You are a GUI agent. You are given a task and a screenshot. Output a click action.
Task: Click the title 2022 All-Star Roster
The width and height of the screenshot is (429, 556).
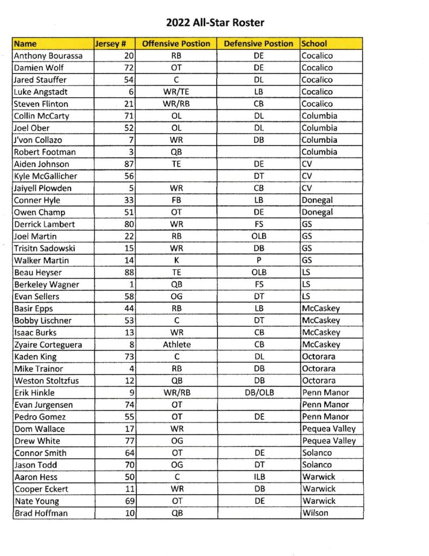(216, 23)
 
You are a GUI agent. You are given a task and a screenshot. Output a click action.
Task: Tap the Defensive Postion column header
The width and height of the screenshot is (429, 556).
(258, 44)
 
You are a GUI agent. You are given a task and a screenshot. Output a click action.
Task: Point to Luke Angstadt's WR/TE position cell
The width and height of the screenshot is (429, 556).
(176, 92)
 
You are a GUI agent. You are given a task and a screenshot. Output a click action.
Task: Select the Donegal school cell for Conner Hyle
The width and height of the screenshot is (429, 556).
(318, 200)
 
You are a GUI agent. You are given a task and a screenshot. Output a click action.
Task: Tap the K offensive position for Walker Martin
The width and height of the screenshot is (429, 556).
(176, 260)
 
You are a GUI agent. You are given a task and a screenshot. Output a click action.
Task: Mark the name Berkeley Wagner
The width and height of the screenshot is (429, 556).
(47, 285)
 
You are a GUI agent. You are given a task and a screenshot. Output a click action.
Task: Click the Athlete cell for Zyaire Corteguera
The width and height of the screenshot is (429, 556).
(176, 344)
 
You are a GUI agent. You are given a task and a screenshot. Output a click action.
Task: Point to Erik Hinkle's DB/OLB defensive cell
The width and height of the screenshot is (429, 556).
(258, 393)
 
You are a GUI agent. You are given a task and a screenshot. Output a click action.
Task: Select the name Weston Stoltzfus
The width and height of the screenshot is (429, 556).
(46, 381)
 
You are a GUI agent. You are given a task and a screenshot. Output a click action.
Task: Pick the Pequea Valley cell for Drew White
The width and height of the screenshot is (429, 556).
(329, 441)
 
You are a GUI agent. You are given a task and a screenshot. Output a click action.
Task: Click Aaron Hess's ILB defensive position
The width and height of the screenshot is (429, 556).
(258, 477)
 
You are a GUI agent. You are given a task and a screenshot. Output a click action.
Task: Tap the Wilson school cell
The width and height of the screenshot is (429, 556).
(315, 513)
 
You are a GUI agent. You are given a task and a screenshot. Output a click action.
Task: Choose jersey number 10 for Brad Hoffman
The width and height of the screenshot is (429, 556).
(130, 513)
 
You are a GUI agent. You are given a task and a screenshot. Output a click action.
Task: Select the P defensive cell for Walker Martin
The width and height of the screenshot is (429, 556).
(258, 260)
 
